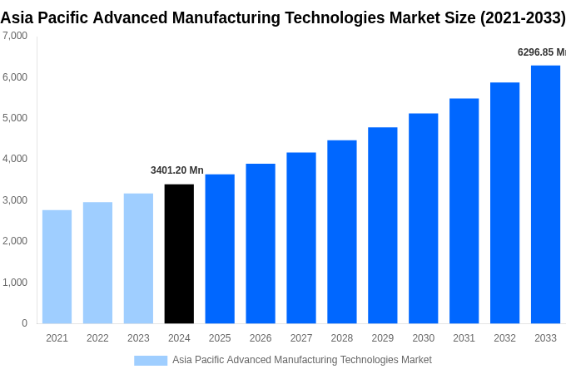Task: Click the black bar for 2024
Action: click(179, 253)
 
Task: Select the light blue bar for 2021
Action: click(57, 266)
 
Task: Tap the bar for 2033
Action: click(545, 194)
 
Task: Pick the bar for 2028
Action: click(341, 231)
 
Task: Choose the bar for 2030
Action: click(423, 218)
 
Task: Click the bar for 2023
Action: click(138, 258)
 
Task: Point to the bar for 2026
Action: click(261, 243)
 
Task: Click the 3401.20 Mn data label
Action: click(176, 170)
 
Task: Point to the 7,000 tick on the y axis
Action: click(14, 36)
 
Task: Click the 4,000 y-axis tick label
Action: click(14, 159)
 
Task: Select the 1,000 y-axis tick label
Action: click(14, 283)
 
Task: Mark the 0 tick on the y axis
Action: click(24, 323)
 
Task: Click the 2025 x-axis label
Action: click(220, 338)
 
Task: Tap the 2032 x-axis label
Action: click(504, 338)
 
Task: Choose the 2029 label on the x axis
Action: click(382, 338)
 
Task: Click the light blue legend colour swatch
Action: click(151, 361)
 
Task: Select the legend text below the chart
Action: click(301, 360)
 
